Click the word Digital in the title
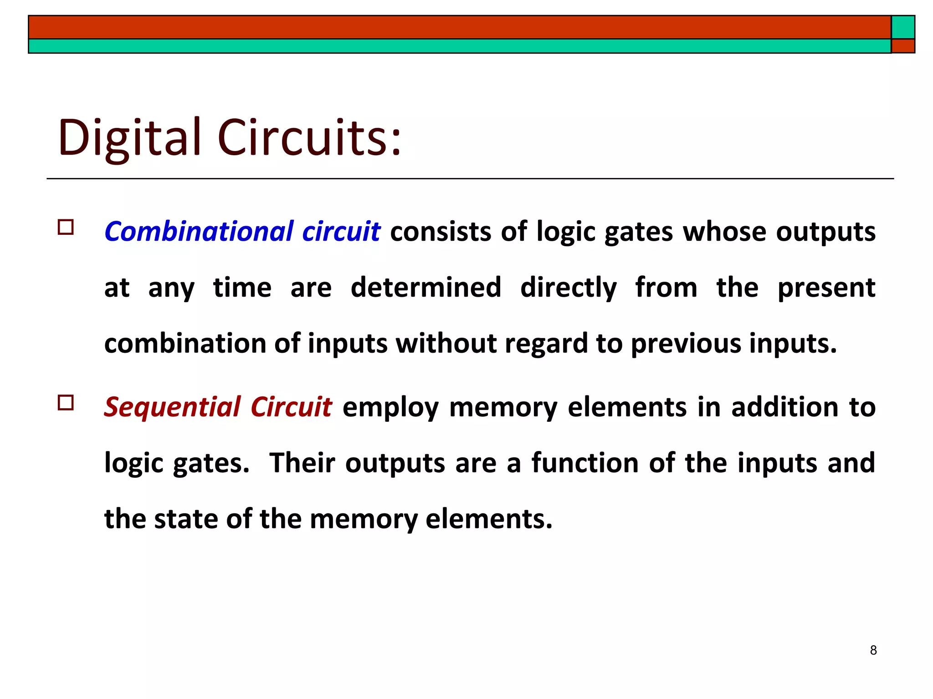(129, 137)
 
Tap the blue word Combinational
(199, 231)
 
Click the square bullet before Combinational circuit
(66, 227)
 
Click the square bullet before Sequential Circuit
(66, 403)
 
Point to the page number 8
(873, 650)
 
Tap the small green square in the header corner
(903, 27)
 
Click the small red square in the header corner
(903, 46)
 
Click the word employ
(390, 407)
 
